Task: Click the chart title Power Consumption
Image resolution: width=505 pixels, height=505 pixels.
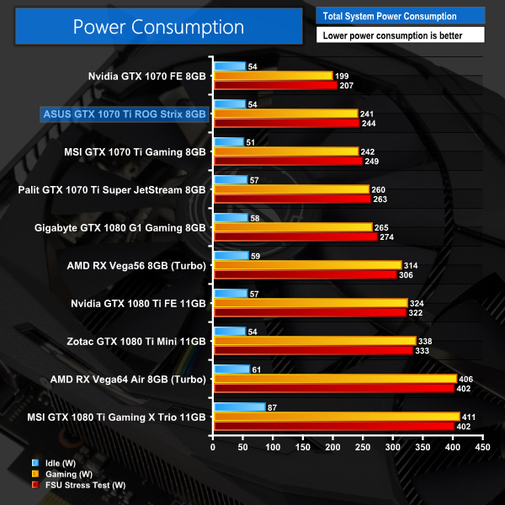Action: point(158,26)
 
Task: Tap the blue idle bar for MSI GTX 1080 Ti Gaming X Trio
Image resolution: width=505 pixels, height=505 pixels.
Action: point(240,407)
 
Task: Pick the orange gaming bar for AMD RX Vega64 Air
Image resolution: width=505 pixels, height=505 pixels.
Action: point(335,379)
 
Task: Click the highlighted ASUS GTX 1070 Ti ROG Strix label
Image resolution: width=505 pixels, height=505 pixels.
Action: point(124,114)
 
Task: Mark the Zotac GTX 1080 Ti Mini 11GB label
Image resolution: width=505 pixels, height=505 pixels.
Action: point(136,341)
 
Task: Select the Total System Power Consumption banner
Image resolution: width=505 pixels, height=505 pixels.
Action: point(400,16)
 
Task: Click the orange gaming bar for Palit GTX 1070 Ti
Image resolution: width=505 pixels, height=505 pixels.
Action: point(291,189)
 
